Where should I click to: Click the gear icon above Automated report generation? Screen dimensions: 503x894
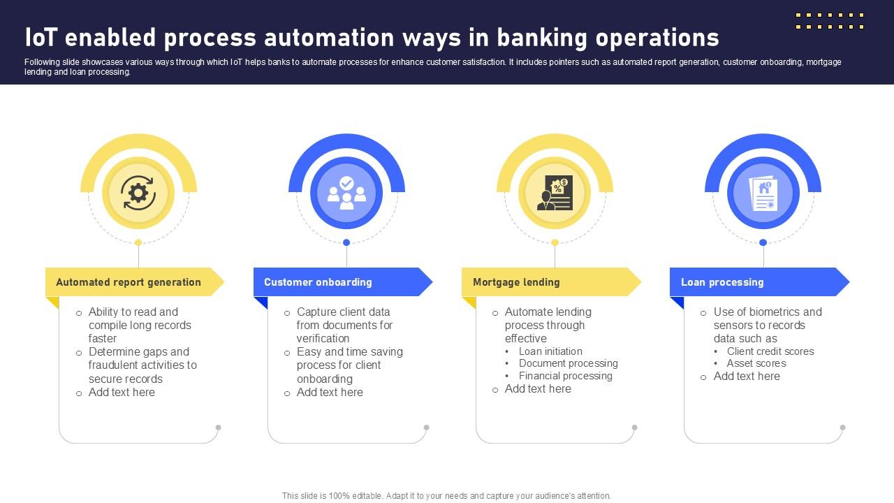point(138,193)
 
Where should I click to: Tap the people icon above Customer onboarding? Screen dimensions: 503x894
point(346,193)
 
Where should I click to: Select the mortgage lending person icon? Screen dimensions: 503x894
point(555,193)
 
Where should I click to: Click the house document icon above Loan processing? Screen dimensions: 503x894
point(763,194)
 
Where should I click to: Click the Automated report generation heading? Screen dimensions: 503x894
point(129,282)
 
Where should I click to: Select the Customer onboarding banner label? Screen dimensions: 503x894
point(318,282)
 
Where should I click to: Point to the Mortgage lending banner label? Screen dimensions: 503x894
point(516,282)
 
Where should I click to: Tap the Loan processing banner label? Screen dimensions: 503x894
point(722,282)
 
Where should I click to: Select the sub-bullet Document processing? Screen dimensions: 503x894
point(568,363)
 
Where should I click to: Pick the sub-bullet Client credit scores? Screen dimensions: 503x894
point(770,351)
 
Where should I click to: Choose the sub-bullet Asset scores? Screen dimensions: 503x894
point(756,363)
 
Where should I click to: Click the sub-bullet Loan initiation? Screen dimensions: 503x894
point(550,351)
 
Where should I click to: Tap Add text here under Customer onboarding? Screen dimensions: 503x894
point(330,393)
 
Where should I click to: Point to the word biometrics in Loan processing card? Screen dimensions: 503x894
point(770,312)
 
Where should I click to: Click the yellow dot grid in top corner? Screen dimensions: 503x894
point(830,21)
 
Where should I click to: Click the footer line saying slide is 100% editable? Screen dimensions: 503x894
point(446,496)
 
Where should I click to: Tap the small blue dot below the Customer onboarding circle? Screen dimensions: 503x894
point(346,242)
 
